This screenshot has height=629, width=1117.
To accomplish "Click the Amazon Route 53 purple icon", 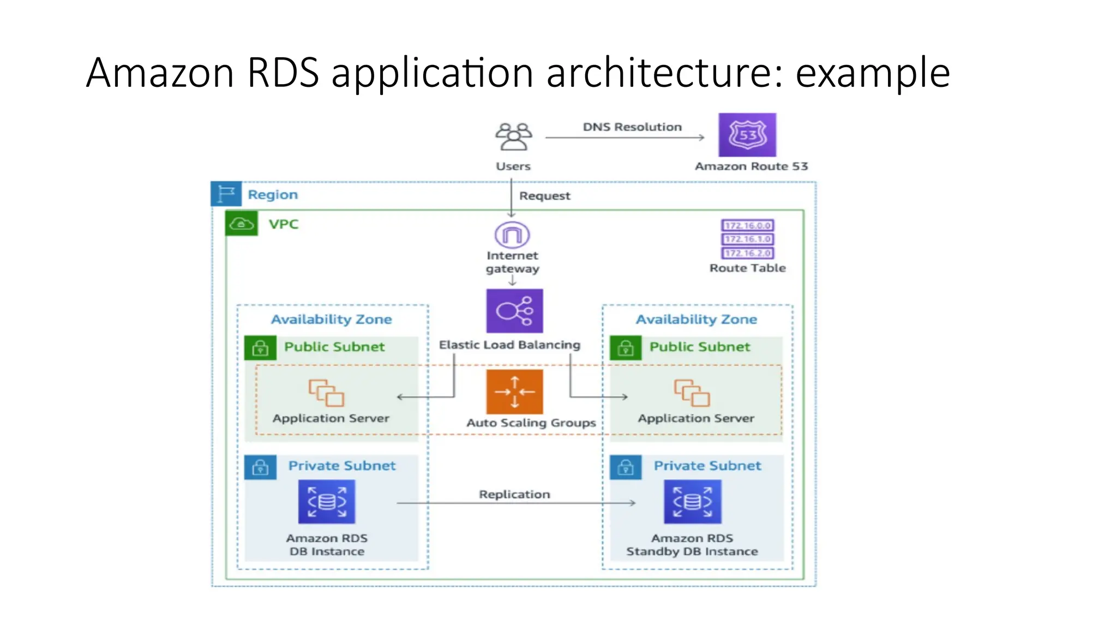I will (x=747, y=135).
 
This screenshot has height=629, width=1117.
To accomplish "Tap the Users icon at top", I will (x=513, y=137).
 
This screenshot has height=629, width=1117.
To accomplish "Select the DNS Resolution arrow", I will (x=625, y=138).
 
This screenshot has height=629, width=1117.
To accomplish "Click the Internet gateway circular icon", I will (x=512, y=235).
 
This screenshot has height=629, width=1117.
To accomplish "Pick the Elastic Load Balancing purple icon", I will (x=514, y=311).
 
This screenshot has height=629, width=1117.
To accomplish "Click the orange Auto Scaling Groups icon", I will (x=514, y=392).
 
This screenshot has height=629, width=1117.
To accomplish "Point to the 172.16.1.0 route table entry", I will (x=748, y=239).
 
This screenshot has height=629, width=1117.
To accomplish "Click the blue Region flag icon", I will (x=226, y=194).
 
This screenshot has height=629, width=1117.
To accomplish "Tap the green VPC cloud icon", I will (x=241, y=223).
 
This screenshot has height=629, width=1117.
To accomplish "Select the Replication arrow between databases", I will (x=515, y=503).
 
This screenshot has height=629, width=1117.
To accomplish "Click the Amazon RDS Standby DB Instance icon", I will (x=692, y=502).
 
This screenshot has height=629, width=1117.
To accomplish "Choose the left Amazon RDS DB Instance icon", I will (x=327, y=502).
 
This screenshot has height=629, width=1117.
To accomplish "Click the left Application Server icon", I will (x=326, y=393).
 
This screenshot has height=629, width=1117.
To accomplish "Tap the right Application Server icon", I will (x=692, y=393).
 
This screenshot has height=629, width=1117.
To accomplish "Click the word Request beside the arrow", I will (x=544, y=196).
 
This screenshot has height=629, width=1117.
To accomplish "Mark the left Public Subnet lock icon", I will (x=260, y=348).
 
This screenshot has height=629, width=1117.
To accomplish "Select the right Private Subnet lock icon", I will (x=626, y=467).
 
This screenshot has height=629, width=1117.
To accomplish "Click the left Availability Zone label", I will (x=331, y=319).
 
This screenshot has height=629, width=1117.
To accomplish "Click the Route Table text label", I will (x=747, y=268).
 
